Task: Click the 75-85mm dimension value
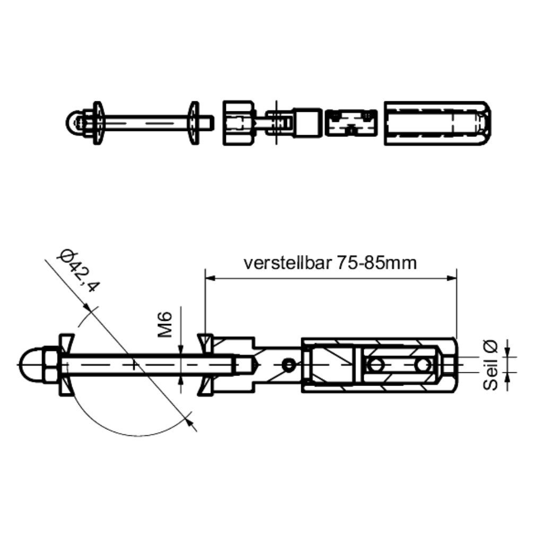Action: click(x=376, y=263)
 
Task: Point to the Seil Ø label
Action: click(x=491, y=365)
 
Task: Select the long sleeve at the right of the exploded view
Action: click(x=437, y=123)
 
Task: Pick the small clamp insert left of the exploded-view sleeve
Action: click(x=351, y=123)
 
